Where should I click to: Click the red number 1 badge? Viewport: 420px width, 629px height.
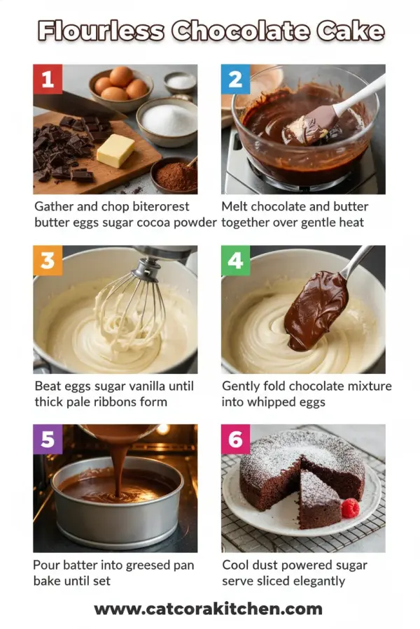coord(48,80)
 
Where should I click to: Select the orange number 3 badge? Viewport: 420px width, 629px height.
coord(48,260)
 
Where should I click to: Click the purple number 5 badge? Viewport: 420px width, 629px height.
coord(48,440)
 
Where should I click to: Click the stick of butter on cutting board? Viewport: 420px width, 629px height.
coord(115,150)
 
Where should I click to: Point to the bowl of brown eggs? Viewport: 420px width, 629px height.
coord(120,85)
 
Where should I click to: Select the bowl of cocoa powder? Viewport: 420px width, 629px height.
coord(175,175)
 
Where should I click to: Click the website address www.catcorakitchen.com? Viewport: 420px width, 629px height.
coord(209,609)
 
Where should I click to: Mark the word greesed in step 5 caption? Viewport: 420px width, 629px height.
coord(136,565)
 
